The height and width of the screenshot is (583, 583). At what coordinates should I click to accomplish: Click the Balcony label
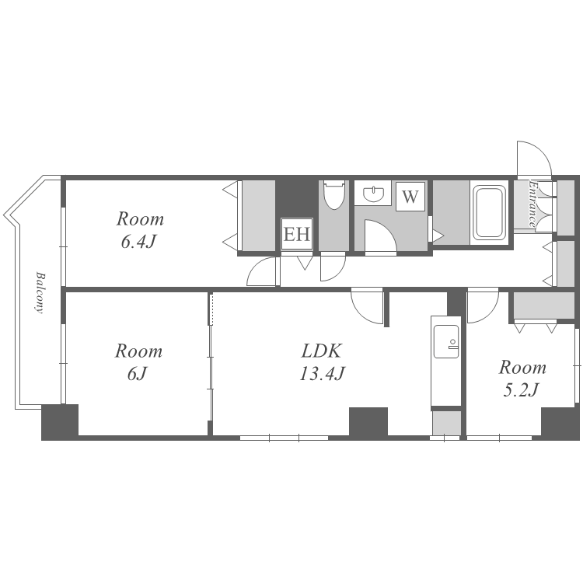40,293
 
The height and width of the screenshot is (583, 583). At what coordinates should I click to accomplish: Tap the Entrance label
532,204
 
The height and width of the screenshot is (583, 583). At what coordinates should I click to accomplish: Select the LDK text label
321,351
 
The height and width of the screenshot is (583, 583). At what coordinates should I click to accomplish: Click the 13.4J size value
323,373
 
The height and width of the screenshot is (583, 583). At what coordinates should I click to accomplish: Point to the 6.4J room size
138,242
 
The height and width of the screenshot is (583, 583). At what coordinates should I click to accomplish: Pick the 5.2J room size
521,390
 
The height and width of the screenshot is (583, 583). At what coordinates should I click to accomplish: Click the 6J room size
138,374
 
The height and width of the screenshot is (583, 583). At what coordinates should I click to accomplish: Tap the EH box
297,234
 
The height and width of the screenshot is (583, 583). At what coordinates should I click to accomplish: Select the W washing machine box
410,197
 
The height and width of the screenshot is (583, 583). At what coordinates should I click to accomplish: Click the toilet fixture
334,194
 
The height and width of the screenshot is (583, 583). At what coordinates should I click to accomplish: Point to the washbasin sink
373,194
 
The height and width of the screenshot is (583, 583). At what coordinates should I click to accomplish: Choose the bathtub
489,212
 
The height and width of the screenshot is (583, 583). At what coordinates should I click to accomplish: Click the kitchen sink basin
446,341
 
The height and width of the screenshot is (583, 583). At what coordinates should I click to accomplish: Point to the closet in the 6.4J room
259,215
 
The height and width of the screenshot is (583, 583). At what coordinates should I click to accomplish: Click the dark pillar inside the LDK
368,421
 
